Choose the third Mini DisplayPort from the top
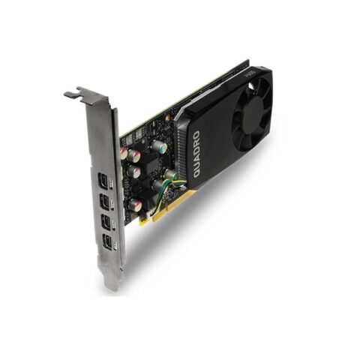tap(106, 222)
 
